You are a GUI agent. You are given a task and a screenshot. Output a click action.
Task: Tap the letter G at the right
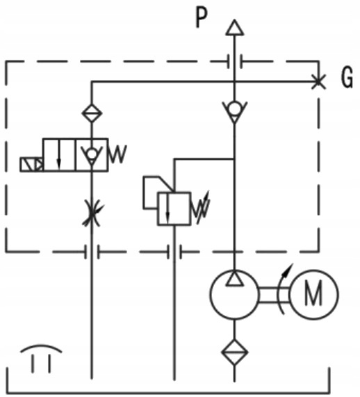tap(347, 80)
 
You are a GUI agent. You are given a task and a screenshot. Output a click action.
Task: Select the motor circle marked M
tap(314, 294)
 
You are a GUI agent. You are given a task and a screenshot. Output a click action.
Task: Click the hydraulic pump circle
tap(235, 294)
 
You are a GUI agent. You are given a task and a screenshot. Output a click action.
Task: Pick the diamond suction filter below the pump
tap(235, 353)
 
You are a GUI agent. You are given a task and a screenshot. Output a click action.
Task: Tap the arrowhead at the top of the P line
tap(235, 28)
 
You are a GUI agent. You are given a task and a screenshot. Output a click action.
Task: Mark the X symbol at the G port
tap(318, 81)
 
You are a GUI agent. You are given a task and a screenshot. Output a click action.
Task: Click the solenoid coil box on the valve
tap(31, 164)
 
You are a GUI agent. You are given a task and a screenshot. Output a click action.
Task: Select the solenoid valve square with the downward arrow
tap(59, 154)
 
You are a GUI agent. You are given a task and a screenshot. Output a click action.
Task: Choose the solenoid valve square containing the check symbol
tap(91, 154)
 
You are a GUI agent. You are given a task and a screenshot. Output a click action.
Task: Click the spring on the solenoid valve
tap(117, 154)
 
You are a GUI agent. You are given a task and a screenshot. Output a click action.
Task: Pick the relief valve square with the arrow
tap(173, 208)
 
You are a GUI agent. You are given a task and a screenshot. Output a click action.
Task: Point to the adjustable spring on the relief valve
tap(201, 207)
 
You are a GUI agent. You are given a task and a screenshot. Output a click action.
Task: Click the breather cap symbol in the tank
tap(40, 355)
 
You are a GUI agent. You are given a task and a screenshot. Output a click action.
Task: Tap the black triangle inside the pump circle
tap(235, 278)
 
